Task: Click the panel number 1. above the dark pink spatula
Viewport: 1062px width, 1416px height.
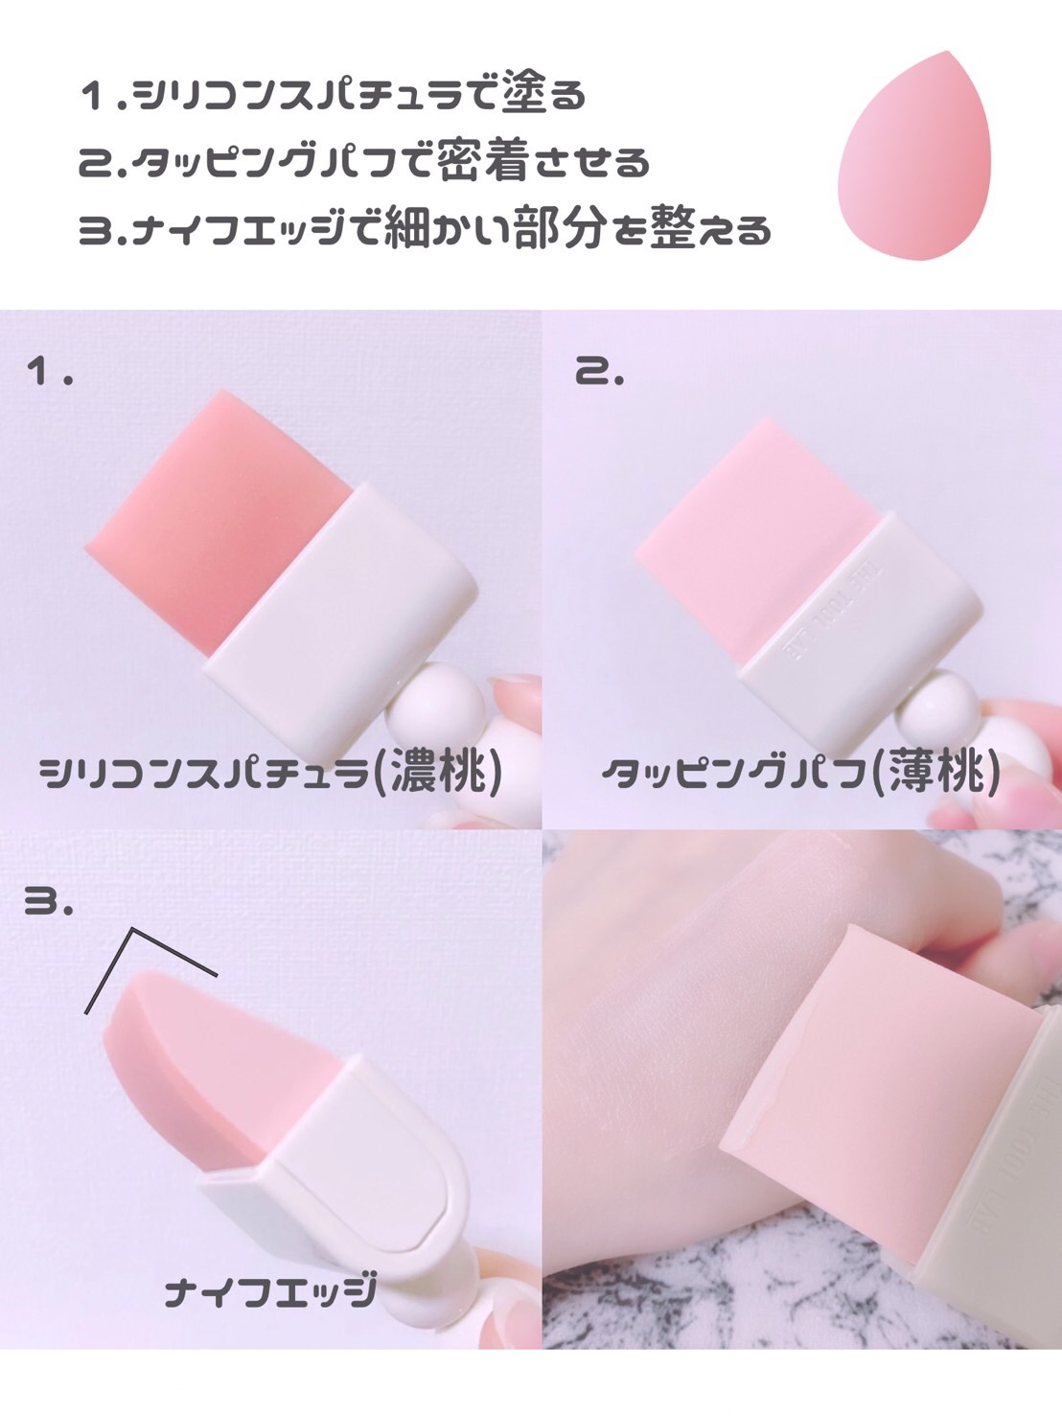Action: (x=50, y=372)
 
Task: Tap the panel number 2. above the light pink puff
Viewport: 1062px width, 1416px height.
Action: (x=599, y=372)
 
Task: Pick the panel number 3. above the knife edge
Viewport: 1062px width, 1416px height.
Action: (x=48, y=900)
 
